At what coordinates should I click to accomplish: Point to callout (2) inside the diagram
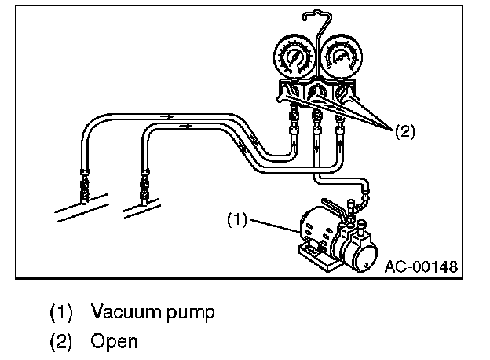(x=404, y=131)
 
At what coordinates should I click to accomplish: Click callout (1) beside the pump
(x=237, y=220)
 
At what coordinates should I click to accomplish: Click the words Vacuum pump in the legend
(x=152, y=311)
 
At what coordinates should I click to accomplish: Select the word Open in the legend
(x=114, y=342)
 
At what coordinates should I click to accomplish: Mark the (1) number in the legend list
(x=61, y=311)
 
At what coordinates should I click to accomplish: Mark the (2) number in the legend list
(x=61, y=342)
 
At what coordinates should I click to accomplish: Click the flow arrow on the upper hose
(x=166, y=116)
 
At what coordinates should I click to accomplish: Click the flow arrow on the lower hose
(x=185, y=125)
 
